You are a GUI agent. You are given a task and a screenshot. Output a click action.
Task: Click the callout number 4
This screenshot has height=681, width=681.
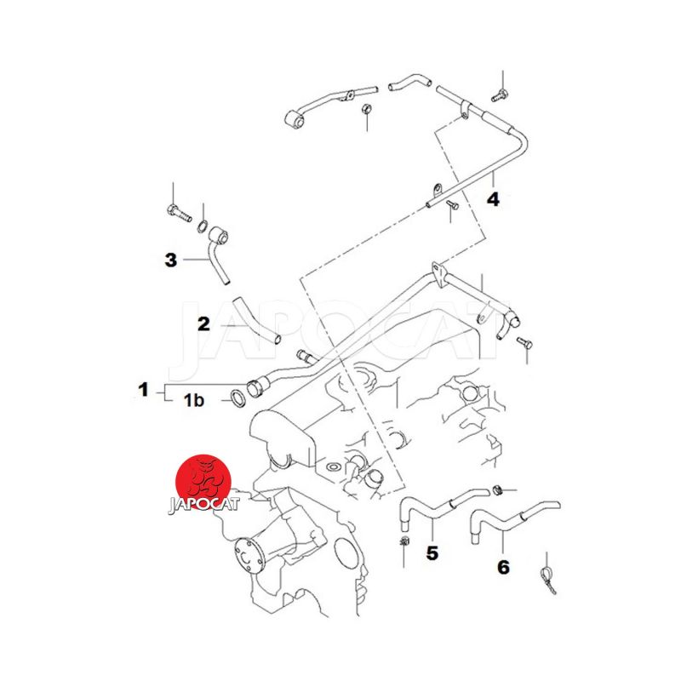point(493,199)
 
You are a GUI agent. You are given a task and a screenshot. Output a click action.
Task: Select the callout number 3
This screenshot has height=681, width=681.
point(171,260)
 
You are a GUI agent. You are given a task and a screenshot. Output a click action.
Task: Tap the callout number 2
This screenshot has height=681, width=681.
point(203,324)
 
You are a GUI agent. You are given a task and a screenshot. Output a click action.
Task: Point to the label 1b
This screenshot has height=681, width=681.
point(194,400)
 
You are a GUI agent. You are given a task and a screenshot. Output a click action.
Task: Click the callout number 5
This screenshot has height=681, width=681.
point(432,552)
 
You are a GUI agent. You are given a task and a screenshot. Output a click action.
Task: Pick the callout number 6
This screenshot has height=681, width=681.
point(503,567)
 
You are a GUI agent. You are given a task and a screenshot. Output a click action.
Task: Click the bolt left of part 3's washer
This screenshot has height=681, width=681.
point(179,213)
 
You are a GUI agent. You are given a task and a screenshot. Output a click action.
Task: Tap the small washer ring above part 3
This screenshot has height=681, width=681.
point(203,226)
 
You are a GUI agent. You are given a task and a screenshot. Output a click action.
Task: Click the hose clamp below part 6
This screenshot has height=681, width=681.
point(548,579)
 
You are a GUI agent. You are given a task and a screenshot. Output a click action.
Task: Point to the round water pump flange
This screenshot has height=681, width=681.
point(249,557)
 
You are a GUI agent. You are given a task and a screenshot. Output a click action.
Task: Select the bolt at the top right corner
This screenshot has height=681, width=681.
point(500,95)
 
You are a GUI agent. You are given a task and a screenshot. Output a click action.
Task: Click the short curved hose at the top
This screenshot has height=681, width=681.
point(409,81)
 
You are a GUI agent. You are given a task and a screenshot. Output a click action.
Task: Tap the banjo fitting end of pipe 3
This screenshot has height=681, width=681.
point(219,236)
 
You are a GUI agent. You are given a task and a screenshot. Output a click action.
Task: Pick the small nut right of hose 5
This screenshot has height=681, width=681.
point(498,491)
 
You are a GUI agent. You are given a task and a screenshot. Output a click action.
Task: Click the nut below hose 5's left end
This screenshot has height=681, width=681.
point(405,541)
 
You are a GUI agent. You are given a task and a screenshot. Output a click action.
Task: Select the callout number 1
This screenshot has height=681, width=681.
point(143,389)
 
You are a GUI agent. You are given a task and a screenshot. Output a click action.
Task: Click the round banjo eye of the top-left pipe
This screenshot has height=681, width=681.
point(296,119)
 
